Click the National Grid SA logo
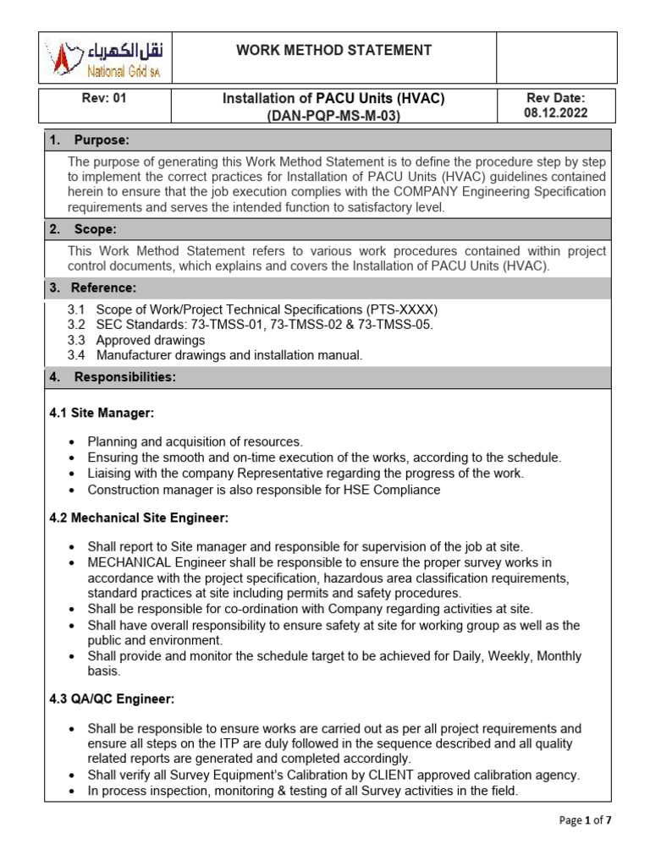106,58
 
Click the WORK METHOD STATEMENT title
333,51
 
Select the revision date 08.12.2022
556,113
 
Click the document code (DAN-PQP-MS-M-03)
333,116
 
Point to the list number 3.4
76,355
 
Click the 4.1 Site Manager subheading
102,414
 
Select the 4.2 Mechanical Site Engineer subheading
139,518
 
